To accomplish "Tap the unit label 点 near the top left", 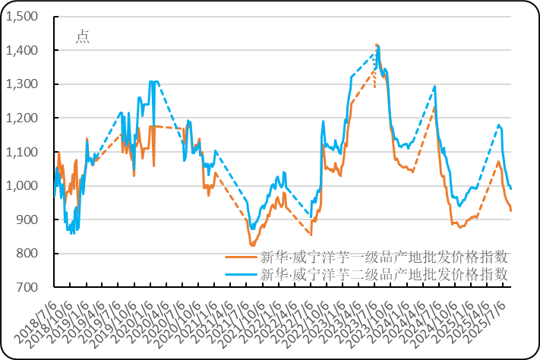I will [x=82, y=36].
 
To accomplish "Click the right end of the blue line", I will [x=511, y=188].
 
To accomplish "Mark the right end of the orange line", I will [x=511, y=210].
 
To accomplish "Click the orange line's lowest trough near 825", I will [x=252, y=245].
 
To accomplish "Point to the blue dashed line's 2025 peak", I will [x=499, y=125].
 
